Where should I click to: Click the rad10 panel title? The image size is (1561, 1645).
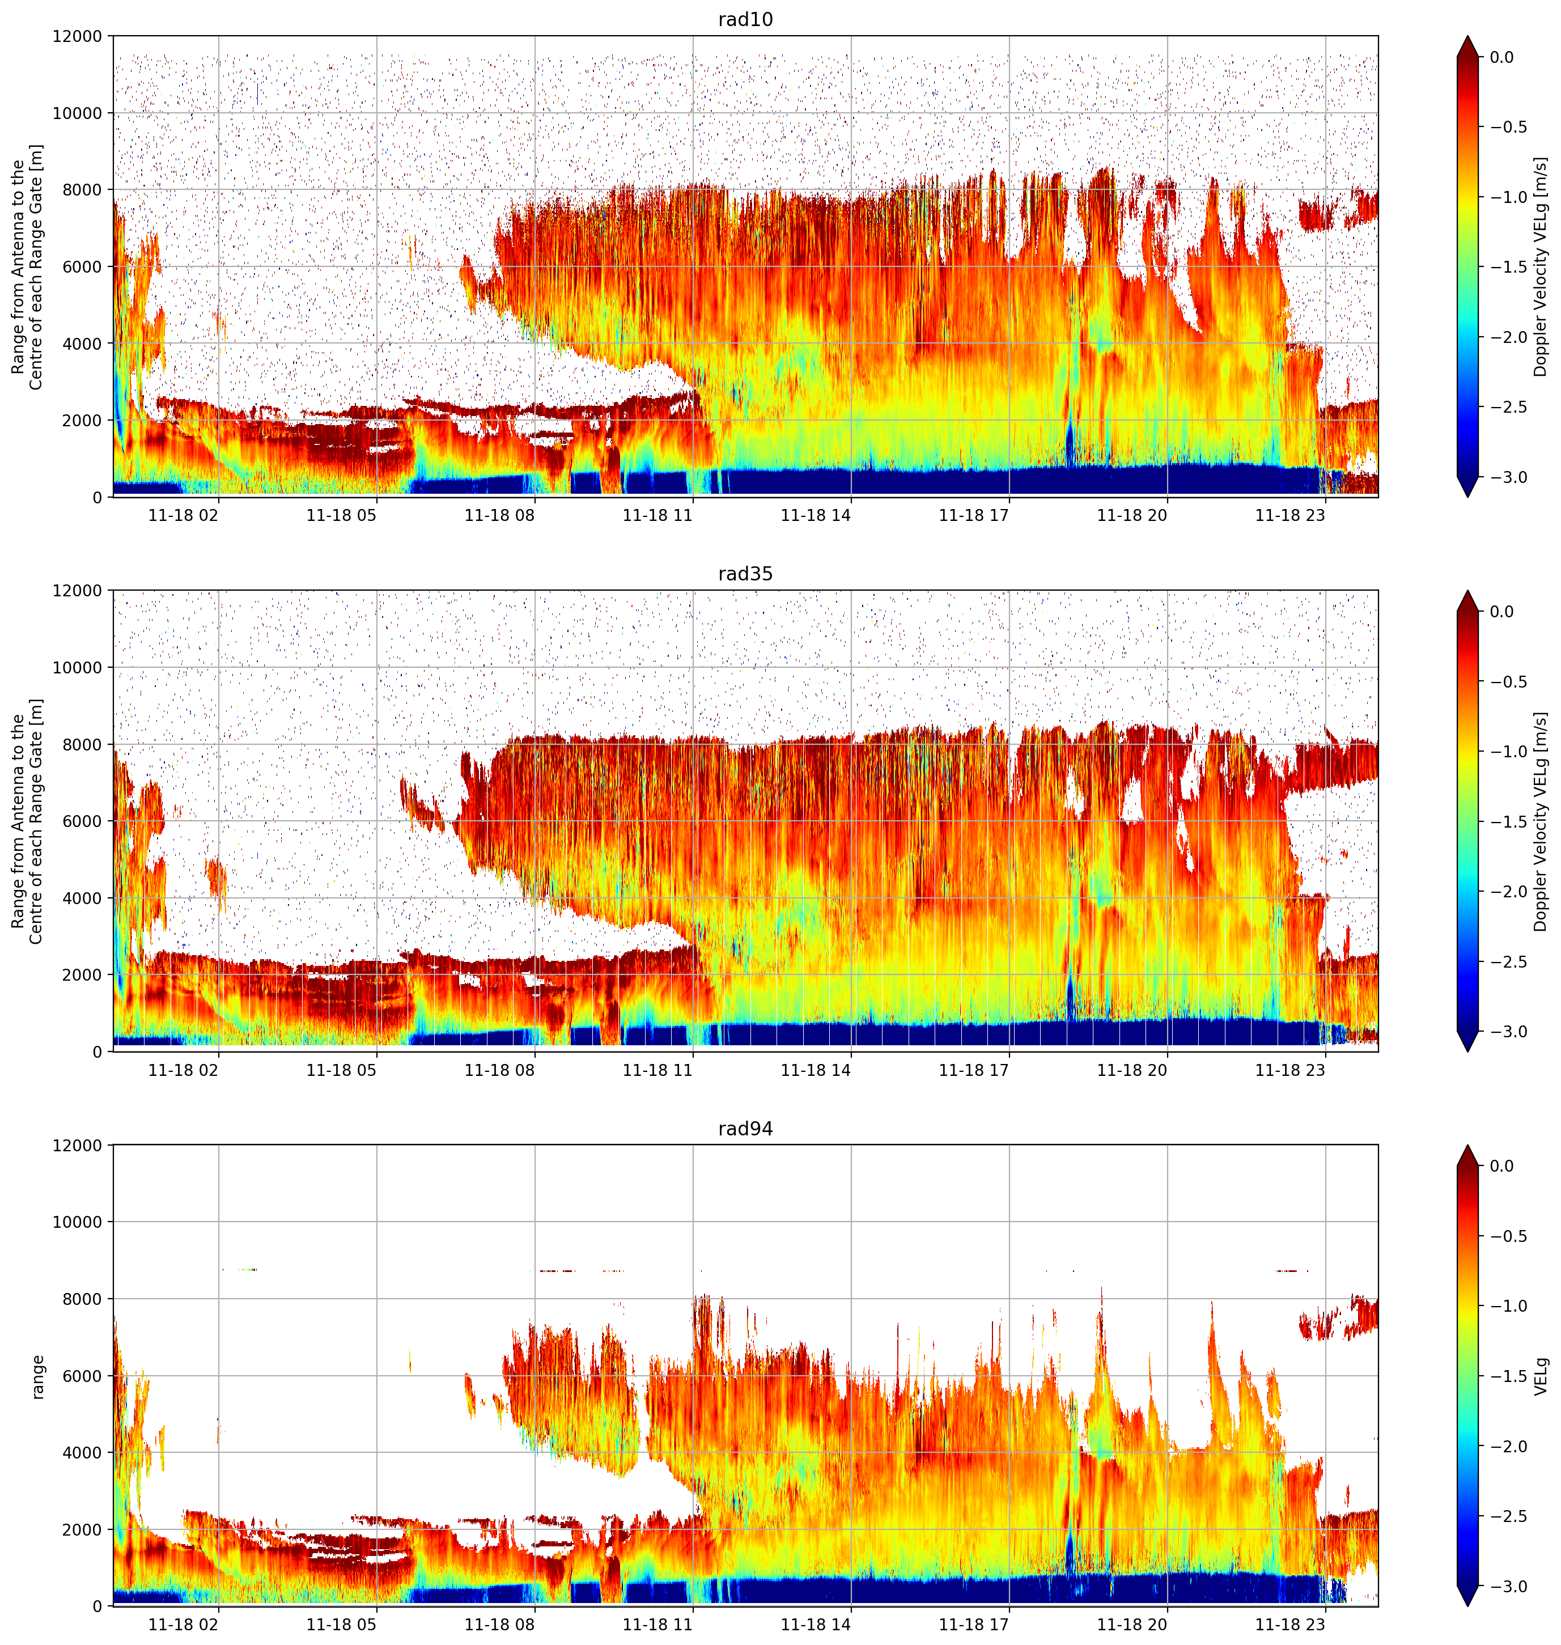point(745,19)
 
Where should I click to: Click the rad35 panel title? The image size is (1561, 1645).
point(745,573)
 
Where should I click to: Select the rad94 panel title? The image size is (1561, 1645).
point(745,1128)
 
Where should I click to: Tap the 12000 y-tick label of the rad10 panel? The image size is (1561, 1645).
point(77,37)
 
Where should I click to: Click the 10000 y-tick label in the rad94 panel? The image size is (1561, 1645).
point(77,1222)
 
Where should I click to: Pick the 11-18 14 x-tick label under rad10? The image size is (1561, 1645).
point(816,515)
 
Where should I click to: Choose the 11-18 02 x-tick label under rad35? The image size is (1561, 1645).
point(183,1070)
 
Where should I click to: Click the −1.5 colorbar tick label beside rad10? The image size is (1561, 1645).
point(1508,267)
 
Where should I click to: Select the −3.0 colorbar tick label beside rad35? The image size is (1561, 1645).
point(1508,1032)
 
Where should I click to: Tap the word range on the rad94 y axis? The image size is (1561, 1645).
point(37,1376)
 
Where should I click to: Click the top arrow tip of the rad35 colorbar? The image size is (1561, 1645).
point(1468,591)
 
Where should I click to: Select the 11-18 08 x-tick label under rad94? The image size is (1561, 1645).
point(499,1624)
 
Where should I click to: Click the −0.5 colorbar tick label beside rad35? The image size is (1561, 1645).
point(1508,681)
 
